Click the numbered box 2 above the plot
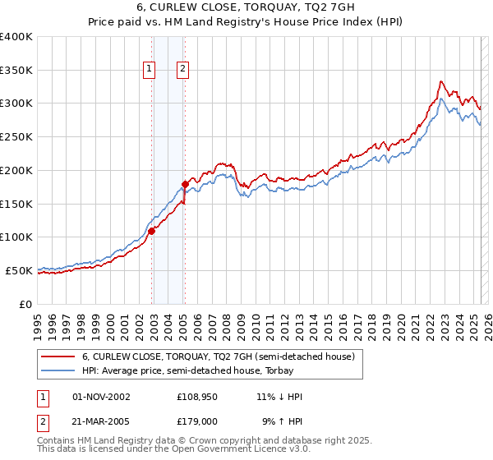click(x=182, y=70)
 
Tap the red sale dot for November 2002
click(x=152, y=231)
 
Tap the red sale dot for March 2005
click(x=186, y=184)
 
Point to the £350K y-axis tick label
click(x=16, y=70)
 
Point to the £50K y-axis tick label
click(x=19, y=270)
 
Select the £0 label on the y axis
click(x=26, y=304)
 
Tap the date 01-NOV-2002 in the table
click(x=102, y=397)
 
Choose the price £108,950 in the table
click(x=197, y=397)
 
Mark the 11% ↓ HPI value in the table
click(x=279, y=397)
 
